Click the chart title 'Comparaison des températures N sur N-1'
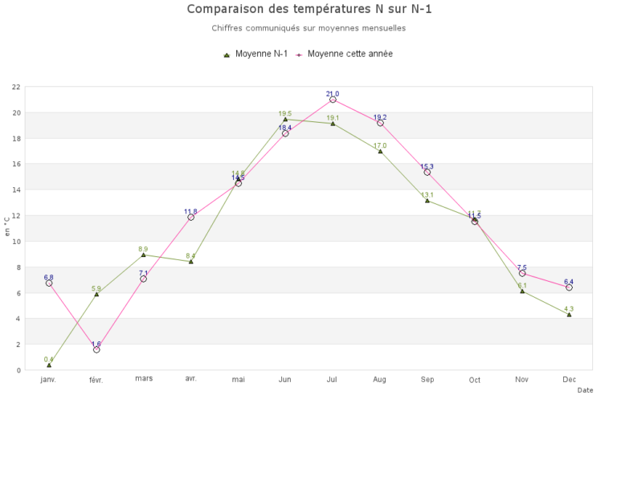(308, 10)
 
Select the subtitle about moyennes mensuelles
(308, 28)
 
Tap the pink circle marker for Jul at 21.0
(333, 100)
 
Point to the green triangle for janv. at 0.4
(49, 365)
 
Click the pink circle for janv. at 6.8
(49, 283)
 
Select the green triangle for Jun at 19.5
(285, 119)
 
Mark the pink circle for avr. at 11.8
(190, 218)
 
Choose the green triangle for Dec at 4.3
(569, 315)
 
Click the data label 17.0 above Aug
(380, 145)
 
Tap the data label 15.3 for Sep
(427, 166)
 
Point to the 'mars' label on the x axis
(144, 378)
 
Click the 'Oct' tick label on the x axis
(475, 380)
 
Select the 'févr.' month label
(96, 380)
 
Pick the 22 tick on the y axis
(16, 87)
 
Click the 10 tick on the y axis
(16, 242)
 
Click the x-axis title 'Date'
(585, 390)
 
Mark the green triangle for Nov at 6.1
(522, 291)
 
